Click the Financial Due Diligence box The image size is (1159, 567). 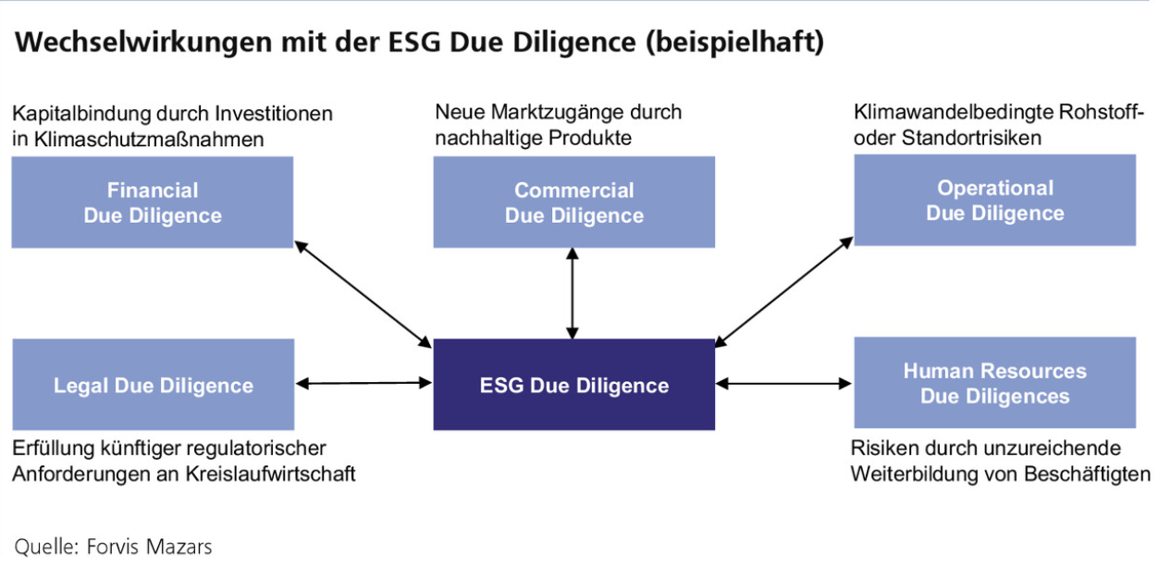[152, 203]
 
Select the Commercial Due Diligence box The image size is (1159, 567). [573, 203]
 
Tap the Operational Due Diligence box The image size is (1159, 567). [995, 200]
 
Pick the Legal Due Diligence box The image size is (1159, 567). [154, 385]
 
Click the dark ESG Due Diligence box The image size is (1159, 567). [573, 385]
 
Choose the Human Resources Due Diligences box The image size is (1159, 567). [995, 383]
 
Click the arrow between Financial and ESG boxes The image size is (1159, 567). [364, 294]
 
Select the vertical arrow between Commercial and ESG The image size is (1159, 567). [573, 293]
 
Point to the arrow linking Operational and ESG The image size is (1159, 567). [783, 291]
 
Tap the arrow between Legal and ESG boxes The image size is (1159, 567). [364, 383]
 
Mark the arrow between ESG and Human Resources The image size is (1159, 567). [783, 383]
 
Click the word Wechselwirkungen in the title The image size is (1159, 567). [143, 43]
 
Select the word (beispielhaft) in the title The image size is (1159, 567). [734, 43]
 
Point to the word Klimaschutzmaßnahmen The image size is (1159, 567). [149, 139]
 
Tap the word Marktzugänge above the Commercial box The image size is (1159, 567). [560, 112]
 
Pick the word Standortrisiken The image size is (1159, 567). [971, 138]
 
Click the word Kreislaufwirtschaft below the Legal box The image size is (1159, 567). [270, 474]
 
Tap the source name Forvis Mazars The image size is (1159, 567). [149, 547]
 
